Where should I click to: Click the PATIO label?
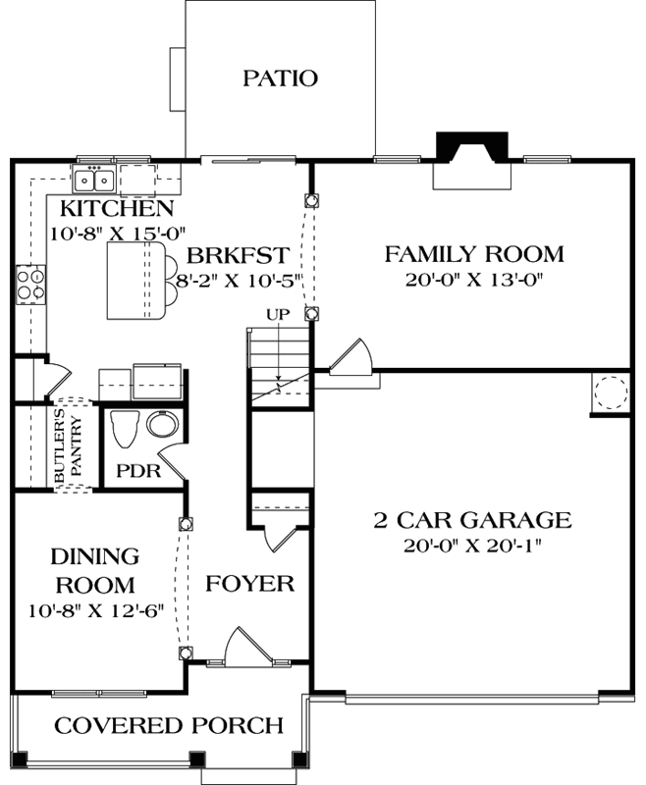pos(280,78)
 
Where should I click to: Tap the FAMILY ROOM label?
pos(473,255)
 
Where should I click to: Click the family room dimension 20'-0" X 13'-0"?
pos(473,280)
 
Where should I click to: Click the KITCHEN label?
pos(117,209)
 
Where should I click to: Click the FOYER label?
pos(250,584)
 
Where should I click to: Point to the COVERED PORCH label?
pos(169,726)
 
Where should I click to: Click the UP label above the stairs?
pos(278,315)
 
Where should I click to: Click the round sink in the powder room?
pos(162,425)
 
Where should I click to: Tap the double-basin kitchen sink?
pos(95,180)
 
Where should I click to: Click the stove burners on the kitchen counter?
pos(30,284)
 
